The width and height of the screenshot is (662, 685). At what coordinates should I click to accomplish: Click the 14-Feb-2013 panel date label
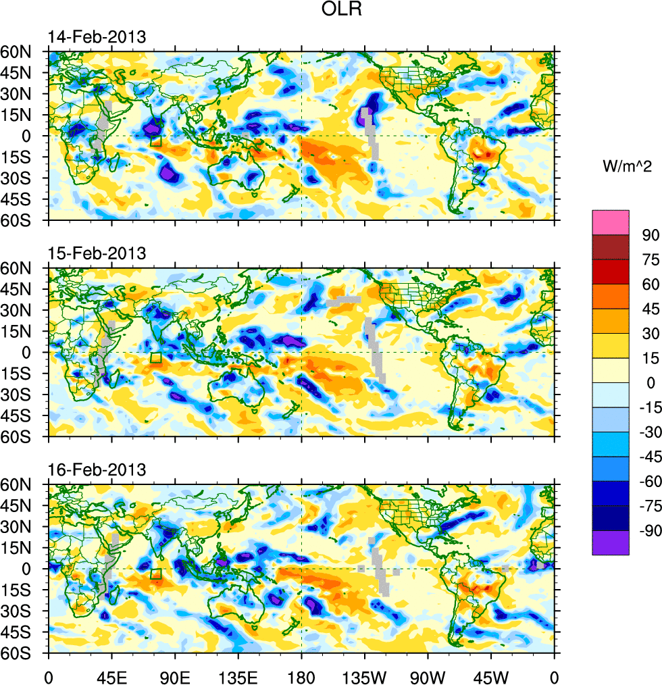(97, 37)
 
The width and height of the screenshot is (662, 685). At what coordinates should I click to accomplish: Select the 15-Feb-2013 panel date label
(97, 253)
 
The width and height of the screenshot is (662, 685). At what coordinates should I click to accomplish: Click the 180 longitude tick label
(301, 675)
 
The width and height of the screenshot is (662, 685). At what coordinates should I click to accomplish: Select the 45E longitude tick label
(111, 675)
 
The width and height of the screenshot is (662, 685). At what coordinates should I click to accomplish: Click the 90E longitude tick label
(176, 675)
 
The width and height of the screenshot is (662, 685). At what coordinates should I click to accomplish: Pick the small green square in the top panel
(156, 141)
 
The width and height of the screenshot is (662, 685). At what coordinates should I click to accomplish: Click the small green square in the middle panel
(156, 358)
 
